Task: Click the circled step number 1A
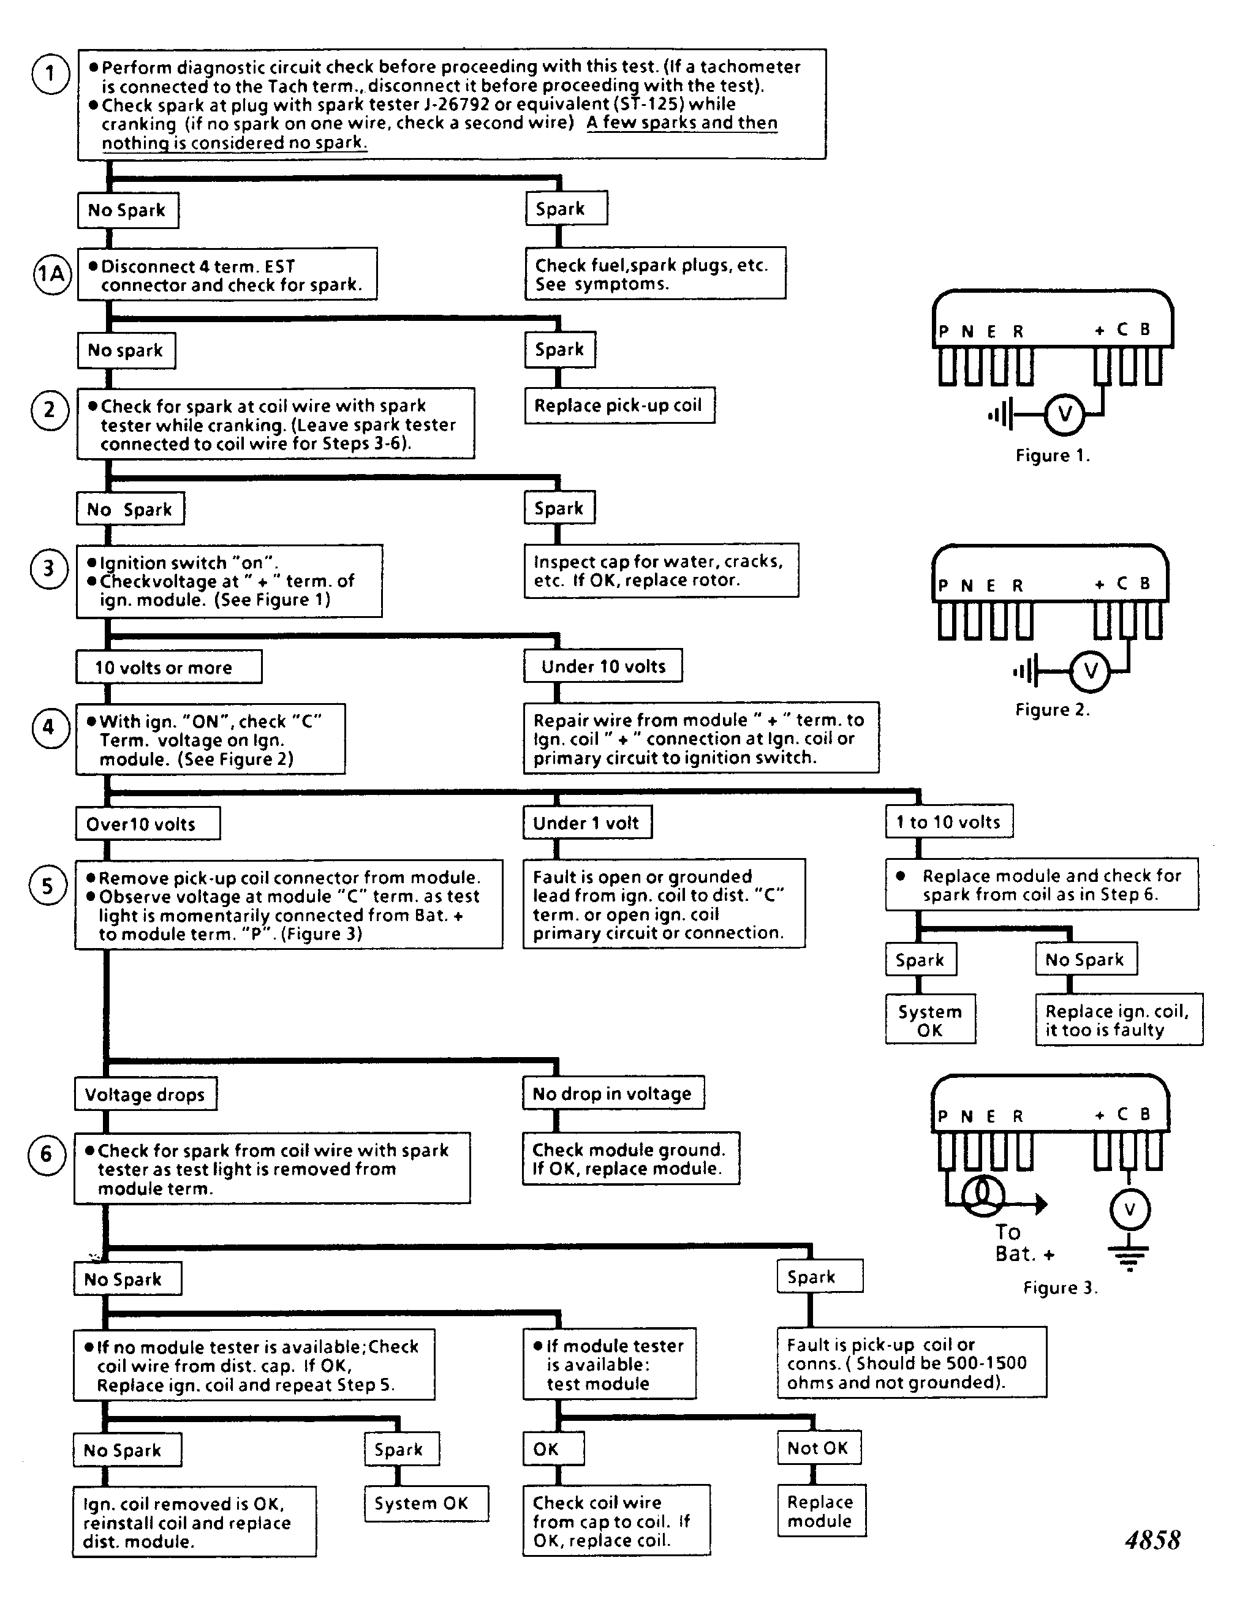(51, 274)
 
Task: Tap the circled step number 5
(48, 886)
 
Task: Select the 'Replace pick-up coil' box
(619, 405)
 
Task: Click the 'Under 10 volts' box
(603, 666)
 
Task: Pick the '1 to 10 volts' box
(949, 822)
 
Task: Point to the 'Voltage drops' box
(145, 1094)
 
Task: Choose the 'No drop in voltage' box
(613, 1094)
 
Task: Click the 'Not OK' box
(819, 1448)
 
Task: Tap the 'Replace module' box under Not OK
(821, 1511)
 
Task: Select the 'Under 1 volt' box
(587, 823)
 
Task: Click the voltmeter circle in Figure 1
(1064, 414)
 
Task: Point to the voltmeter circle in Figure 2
(1090, 671)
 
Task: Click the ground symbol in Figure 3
(1130, 1258)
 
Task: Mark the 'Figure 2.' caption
(1052, 709)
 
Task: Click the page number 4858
(1152, 1540)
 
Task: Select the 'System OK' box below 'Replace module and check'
(930, 1019)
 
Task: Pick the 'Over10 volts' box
(148, 823)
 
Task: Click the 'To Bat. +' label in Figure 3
(1023, 1243)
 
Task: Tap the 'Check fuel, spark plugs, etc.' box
(655, 273)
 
